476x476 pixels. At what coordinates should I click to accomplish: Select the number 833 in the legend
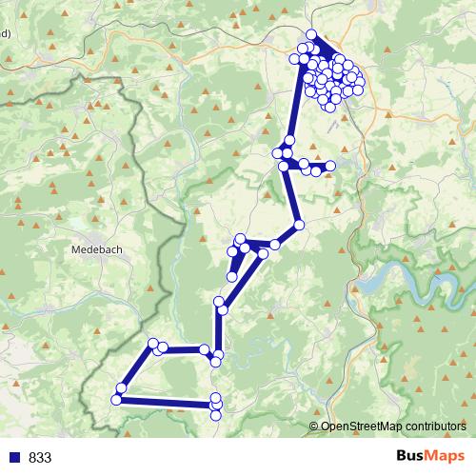click(x=40, y=458)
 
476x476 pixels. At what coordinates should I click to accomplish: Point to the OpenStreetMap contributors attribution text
click(x=392, y=427)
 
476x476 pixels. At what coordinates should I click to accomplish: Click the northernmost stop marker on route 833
click(x=311, y=34)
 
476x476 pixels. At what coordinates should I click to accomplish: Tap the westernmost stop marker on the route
click(x=116, y=400)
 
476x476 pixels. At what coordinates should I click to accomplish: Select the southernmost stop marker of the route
click(x=216, y=413)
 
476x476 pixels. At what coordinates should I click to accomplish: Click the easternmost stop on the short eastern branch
click(x=331, y=166)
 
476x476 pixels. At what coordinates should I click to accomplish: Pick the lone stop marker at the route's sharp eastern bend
click(x=299, y=225)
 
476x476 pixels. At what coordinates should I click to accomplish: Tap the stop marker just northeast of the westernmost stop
click(x=122, y=387)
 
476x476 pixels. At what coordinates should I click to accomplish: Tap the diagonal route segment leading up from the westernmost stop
click(x=136, y=367)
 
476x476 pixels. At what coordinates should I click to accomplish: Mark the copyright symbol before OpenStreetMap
click(x=314, y=427)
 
